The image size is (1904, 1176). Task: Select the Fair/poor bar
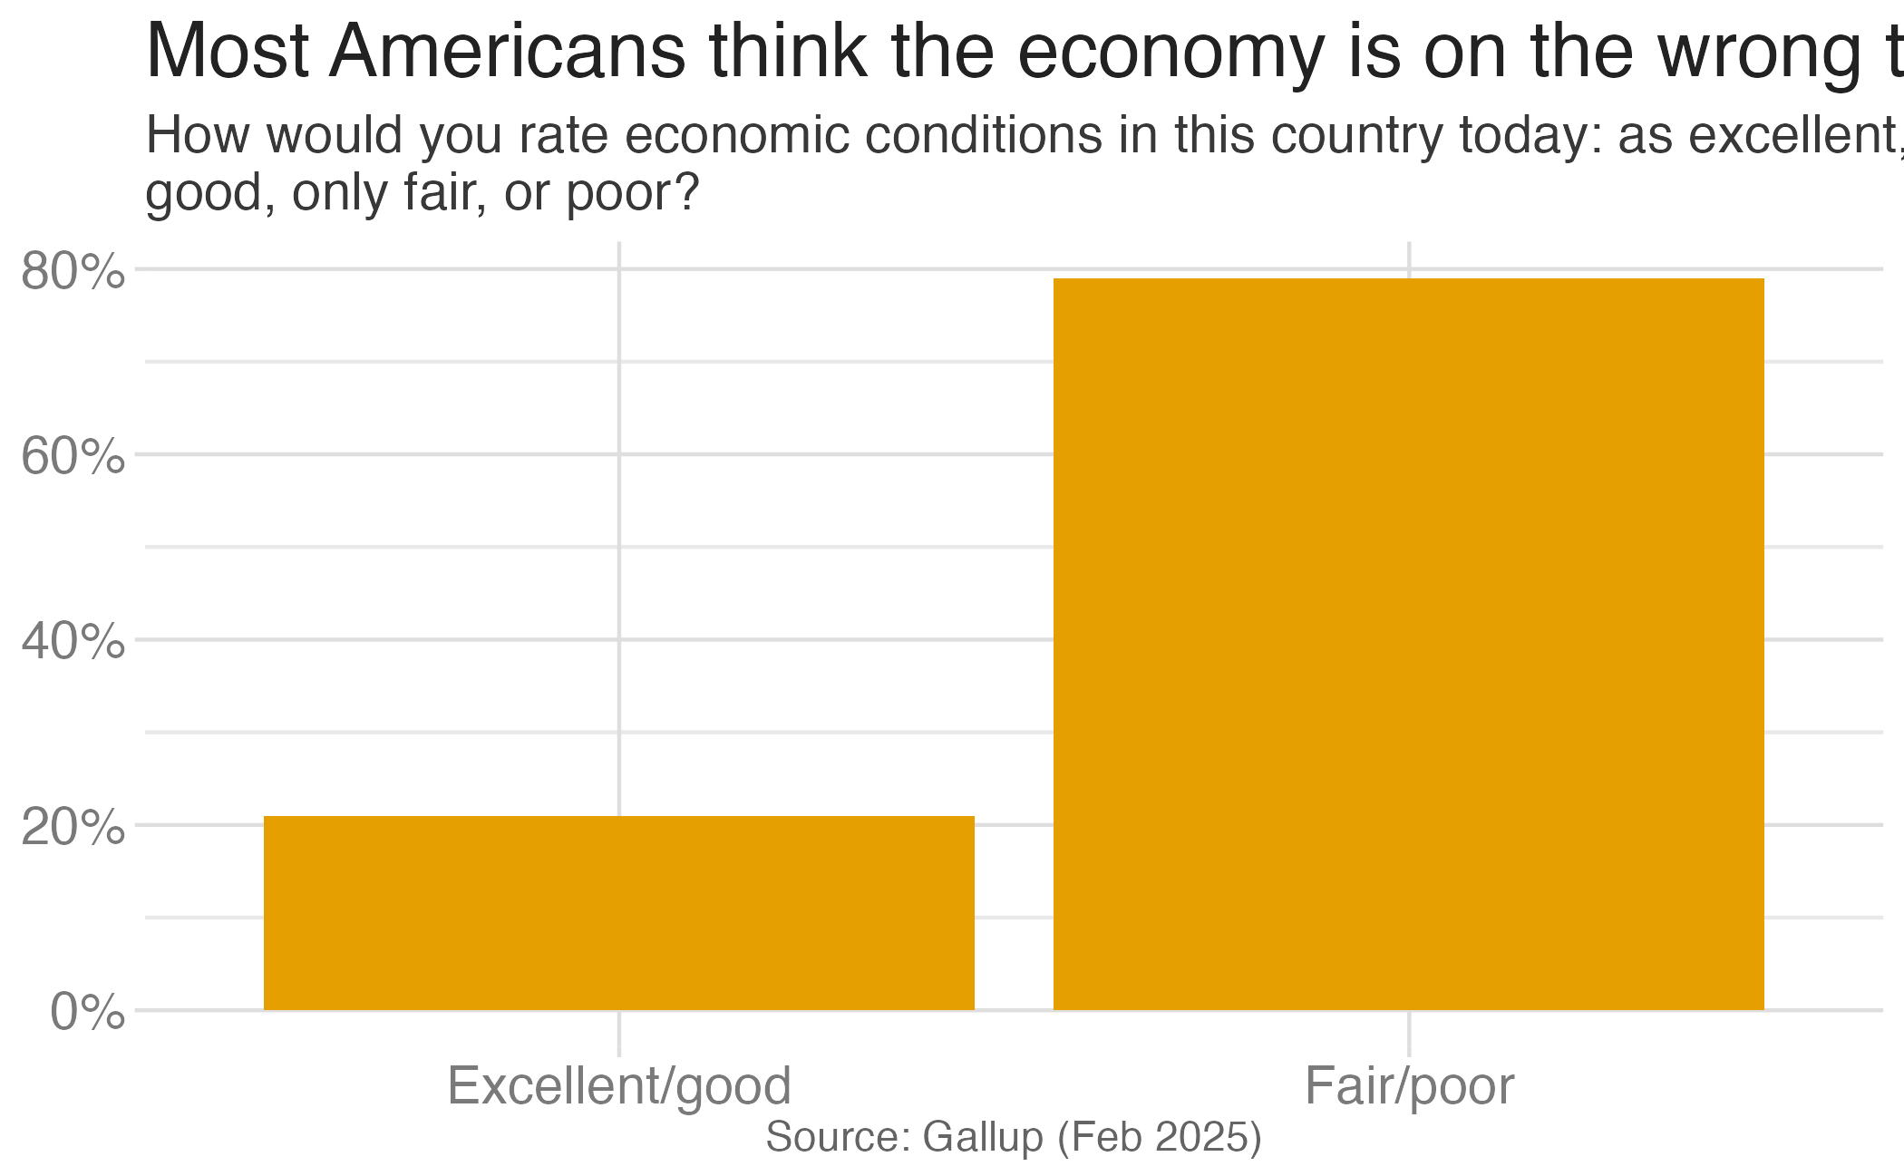[1408, 644]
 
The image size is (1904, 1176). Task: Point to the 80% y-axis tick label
[73, 271]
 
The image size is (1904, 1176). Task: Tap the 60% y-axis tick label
[73, 456]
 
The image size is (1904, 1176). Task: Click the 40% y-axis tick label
[73, 642]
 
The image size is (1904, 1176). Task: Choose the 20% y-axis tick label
[73, 827]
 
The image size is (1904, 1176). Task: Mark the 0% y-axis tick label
[87, 1012]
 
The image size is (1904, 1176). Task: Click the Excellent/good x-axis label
[619, 1085]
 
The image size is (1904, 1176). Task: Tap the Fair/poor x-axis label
[1409, 1085]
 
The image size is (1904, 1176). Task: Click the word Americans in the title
[508, 53]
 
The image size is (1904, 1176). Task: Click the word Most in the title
[228, 53]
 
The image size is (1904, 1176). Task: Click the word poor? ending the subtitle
[633, 192]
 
